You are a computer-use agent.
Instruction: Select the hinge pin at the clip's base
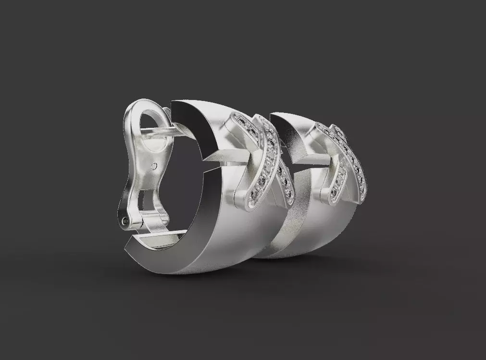126,221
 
